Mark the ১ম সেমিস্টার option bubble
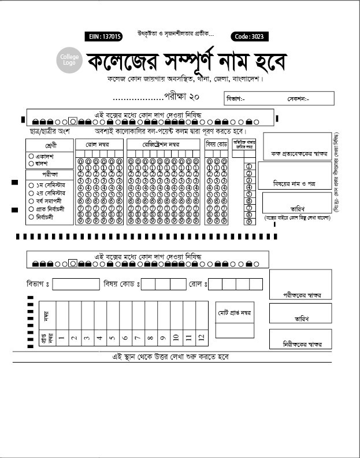click(x=31, y=185)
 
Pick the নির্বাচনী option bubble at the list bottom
click(x=31, y=217)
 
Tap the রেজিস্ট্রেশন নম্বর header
click(x=164, y=143)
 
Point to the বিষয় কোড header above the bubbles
click(x=217, y=143)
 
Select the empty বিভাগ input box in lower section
click(x=76, y=284)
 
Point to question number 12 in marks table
click(x=201, y=338)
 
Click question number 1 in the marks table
click(x=61, y=338)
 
